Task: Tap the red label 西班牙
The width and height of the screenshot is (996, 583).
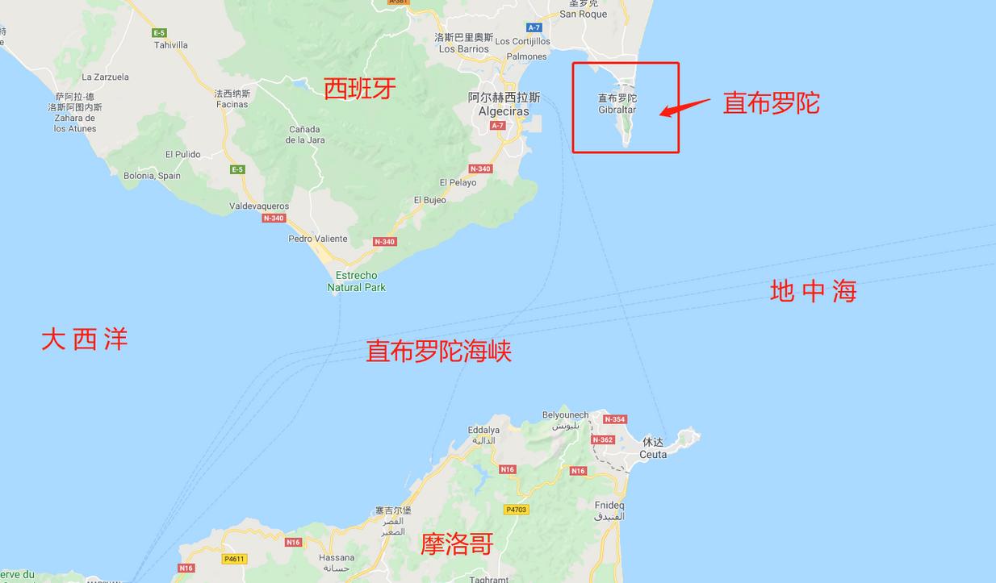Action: pyautogui.click(x=360, y=88)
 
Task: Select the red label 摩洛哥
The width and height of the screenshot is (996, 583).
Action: pyautogui.click(x=457, y=544)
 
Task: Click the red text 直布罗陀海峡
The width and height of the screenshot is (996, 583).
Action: pyautogui.click(x=438, y=352)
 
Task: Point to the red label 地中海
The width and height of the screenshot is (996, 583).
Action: pyautogui.click(x=813, y=291)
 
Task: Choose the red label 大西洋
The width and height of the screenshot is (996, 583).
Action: pyautogui.click(x=85, y=339)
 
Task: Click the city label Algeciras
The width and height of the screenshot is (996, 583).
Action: pyautogui.click(x=504, y=111)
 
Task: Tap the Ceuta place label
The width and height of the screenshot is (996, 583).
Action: pyautogui.click(x=653, y=454)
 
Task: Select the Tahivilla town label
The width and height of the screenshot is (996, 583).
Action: pyautogui.click(x=171, y=45)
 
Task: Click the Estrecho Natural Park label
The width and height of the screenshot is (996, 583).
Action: pyautogui.click(x=357, y=281)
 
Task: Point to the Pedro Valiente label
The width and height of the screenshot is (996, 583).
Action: pyautogui.click(x=318, y=239)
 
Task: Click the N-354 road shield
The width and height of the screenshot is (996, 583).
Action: pyautogui.click(x=614, y=419)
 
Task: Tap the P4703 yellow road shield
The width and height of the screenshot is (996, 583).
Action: pyautogui.click(x=516, y=510)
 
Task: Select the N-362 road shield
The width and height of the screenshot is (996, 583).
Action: pyautogui.click(x=602, y=440)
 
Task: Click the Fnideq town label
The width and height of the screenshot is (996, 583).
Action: pyautogui.click(x=609, y=506)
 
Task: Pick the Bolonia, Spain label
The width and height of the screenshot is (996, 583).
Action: pyautogui.click(x=152, y=176)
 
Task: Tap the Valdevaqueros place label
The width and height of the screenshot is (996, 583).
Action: pyautogui.click(x=259, y=206)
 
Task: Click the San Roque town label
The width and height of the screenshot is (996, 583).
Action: pyautogui.click(x=583, y=14)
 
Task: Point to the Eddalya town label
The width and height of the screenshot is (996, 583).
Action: pyautogui.click(x=483, y=431)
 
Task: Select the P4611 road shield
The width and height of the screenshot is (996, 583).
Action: pyautogui.click(x=234, y=559)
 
